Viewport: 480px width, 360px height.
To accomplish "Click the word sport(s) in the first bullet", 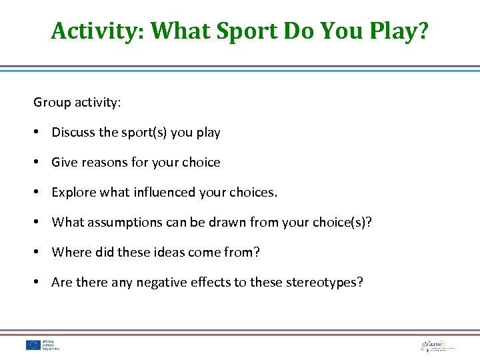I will (x=145, y=133).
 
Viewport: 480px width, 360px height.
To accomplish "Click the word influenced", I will (x=163, y=193).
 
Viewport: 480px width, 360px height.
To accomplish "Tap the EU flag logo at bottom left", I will (x=33, y=345).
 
